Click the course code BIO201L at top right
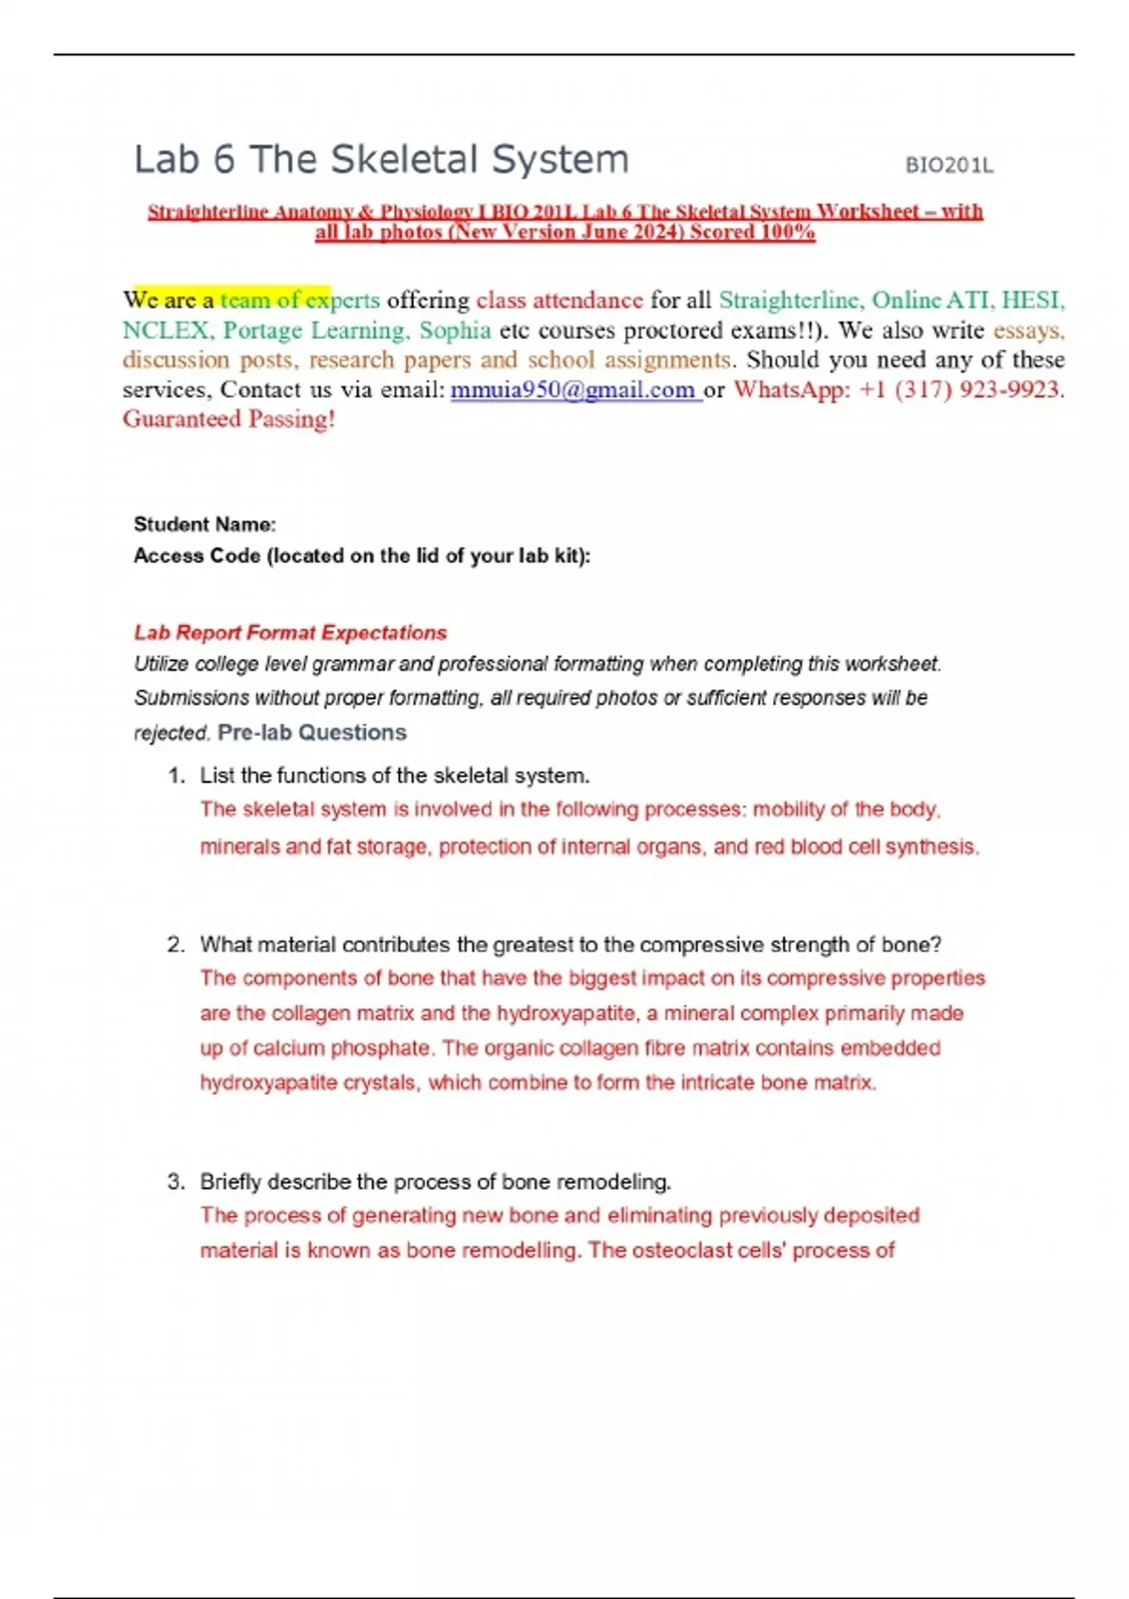pos(948,166)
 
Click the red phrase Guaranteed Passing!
pos(229,420)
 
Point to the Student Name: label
pos(205,525)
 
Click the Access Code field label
pos(362,556)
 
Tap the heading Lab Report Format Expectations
pos(290,633)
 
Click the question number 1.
pos(175,776)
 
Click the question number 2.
pos(175,945)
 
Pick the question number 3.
pos(175,1182)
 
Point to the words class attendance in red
pos(559,300)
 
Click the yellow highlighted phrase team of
pos(260,300)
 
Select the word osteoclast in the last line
pos(685,1251)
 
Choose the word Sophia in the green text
pos(454,330)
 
